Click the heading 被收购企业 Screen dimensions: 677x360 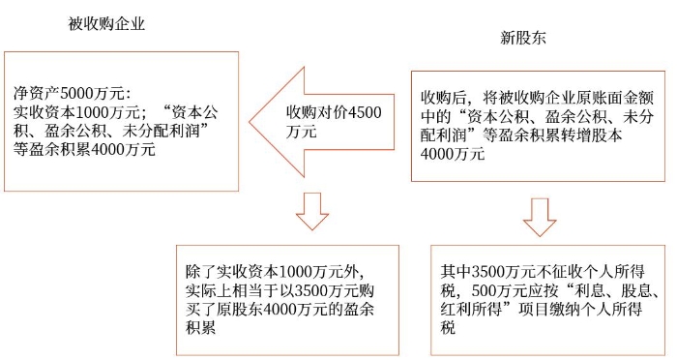tap(107, 23)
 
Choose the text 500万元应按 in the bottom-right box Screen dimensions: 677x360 tap(522, 289)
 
